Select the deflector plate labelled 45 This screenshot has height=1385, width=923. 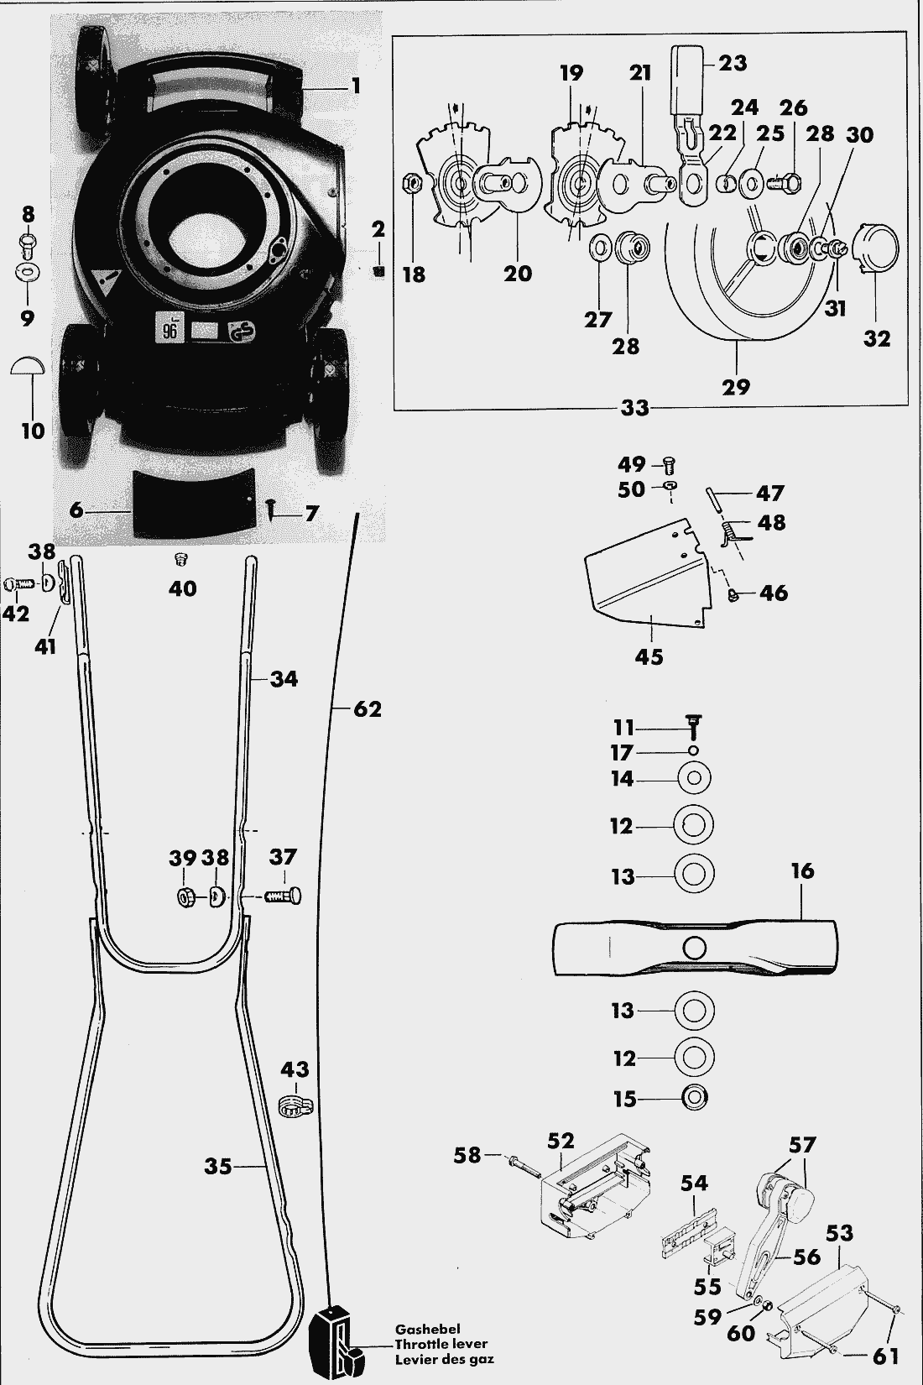pyautogui.click(x=646, y=579)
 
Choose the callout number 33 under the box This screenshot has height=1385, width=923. pyautogui.click(x=636, y=409)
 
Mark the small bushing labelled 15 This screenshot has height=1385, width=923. pyautogui.click(x=694, y=1097)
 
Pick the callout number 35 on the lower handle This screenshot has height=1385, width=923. pyautogui.click(x=218, y=1165)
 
